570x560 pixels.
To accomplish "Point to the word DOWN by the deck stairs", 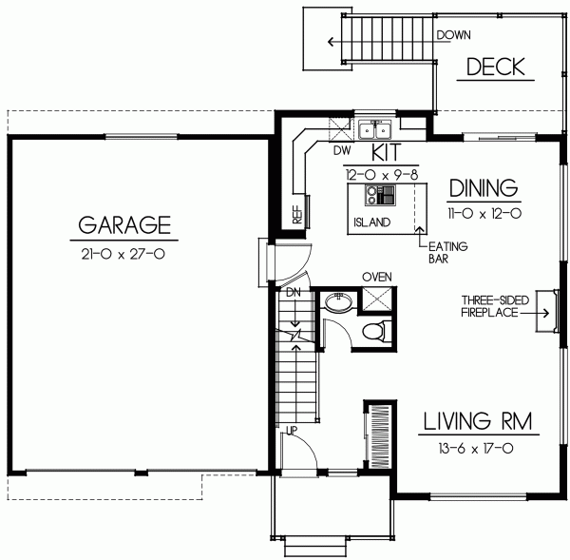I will tap(454, 35).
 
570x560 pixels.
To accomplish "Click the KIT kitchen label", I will tap(386, 152).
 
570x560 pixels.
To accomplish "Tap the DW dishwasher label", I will tap(343, 150).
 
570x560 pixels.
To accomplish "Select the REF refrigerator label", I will tap(297, 215).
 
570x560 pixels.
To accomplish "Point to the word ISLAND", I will tap(370, 222).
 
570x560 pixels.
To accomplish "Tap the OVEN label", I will tap(376, 277).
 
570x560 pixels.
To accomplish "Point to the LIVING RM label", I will tap(477, 419).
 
